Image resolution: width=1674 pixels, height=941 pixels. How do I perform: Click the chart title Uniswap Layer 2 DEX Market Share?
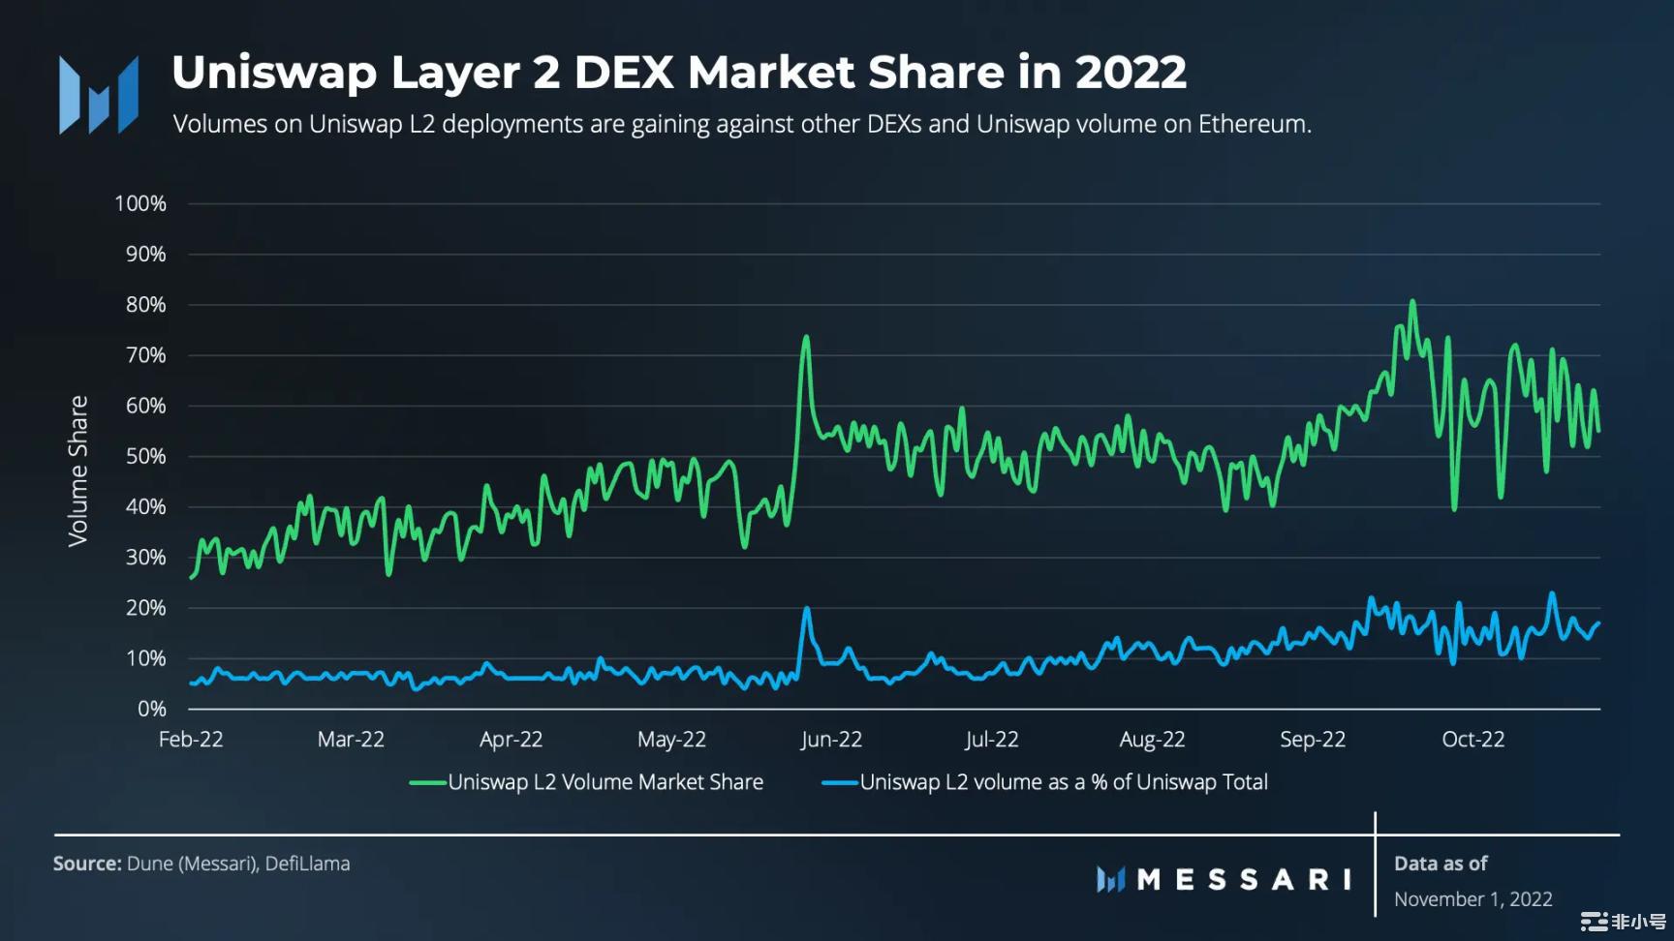pos(678,73)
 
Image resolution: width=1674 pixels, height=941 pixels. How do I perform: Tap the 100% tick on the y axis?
pos(140,204)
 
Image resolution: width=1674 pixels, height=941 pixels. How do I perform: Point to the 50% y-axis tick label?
pos(145,457)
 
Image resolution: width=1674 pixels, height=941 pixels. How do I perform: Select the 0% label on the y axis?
pos(151,710)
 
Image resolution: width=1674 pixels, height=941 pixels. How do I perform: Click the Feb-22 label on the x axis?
pos(191,740)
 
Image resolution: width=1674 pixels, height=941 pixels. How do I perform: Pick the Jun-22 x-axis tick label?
pos(831,740)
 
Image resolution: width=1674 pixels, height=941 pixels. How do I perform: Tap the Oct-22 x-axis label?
pos(1472,740)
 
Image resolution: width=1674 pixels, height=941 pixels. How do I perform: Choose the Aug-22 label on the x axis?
pos(1152,740)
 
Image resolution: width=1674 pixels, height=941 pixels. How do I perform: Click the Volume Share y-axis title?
pos(77,470)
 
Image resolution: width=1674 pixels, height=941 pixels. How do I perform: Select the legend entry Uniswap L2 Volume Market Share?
pos(604,782)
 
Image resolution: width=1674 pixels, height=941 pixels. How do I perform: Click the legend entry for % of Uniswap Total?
pos(1063,782)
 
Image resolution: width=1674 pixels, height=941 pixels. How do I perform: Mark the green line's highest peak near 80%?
pos(1412,302)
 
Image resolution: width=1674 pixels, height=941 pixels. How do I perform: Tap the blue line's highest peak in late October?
pos(1552,593)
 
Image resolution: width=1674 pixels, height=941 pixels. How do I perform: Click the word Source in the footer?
pos(86,864)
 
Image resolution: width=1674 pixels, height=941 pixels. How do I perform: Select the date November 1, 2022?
pos(1472,899)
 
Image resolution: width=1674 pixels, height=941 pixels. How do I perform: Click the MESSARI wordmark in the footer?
pos(1244,879)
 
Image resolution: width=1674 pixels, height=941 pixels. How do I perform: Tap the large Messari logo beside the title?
pos(99,95)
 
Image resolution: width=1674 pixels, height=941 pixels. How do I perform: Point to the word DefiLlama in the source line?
pos(307,864)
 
